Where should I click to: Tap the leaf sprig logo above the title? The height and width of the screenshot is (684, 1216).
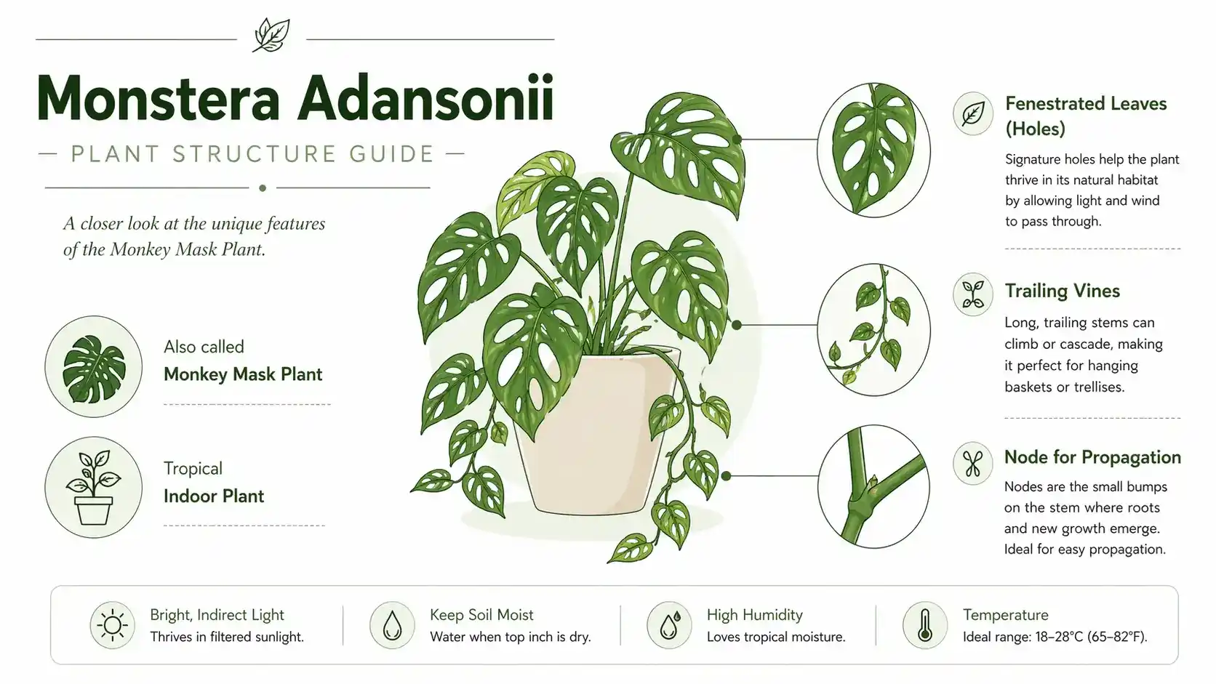(x=271, y=36)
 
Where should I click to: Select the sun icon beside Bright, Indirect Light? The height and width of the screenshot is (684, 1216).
(x=113, y=625)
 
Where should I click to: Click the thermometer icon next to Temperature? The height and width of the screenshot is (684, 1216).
(x=925, y=625)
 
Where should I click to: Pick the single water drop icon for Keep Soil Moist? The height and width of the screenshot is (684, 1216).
(x=392, y=626)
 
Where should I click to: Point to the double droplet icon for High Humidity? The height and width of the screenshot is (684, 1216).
(x=669, y=625)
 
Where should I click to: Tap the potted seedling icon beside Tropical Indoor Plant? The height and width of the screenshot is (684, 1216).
(x=93, y=487)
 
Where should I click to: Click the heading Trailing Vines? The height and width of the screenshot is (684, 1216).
(x=1062, y=291)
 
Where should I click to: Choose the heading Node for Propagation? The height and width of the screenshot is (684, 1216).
(x=1092, y=457)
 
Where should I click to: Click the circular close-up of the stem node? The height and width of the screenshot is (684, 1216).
(x=873, y=486)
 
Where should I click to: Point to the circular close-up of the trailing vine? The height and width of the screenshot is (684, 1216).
(x=873, y=329)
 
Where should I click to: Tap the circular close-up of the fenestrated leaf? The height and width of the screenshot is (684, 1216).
(x=873, y=150)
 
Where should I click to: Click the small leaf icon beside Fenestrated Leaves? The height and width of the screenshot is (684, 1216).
(x=973, y=113)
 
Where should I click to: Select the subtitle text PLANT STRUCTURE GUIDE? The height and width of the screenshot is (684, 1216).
(x=252, y=154)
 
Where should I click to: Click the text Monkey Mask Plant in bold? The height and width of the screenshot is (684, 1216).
(x=243, y=374)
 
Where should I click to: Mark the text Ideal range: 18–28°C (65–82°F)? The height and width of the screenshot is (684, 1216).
(x=1055, y=637)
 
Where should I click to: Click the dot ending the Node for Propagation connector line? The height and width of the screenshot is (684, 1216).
(x=727, y=475)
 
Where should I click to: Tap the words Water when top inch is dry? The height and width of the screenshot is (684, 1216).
(x=511, y=637)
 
